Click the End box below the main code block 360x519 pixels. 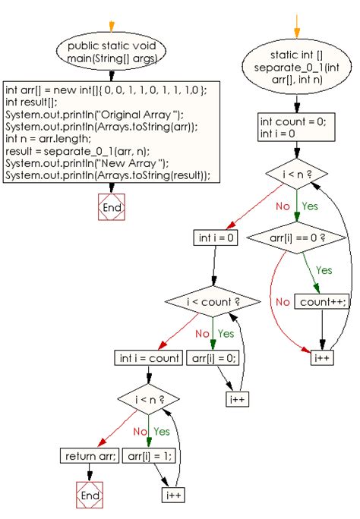[x=111, y=207]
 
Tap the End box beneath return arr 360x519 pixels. [x=90, y=495]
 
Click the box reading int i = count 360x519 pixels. [x=148, y=357]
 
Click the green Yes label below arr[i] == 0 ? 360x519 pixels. [x=324, y=269]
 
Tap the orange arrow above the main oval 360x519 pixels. [x=111, y=26]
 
